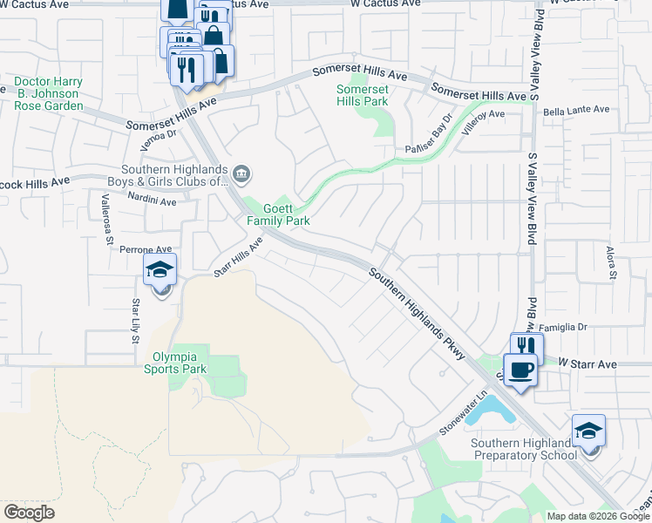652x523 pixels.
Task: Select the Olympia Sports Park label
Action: click(180, 363)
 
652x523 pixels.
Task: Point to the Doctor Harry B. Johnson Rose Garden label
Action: click(49, 94)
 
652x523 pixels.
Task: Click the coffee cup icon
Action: click(522, 370)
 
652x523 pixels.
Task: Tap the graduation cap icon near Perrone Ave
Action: click(160, 271)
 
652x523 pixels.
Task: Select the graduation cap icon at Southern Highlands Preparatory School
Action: click(588, 431)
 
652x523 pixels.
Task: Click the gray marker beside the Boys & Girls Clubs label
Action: click(244, 175)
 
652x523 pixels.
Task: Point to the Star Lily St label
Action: click(135, 320)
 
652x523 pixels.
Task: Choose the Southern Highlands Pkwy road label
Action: click(417, 314)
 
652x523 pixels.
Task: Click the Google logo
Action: click(29, 513)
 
